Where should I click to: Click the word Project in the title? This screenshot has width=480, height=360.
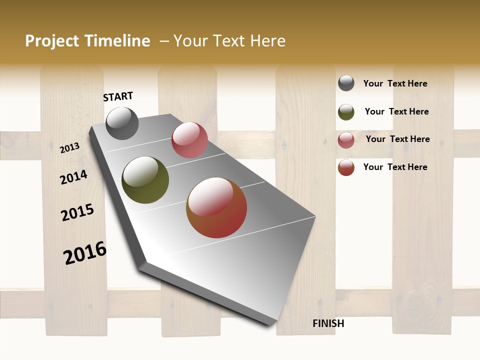(52, 41)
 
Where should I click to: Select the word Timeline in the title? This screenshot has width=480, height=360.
(116, 41)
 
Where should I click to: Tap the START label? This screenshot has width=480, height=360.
(118, 96)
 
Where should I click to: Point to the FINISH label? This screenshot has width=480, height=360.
(328, 323)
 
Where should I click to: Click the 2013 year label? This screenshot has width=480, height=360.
(70, 147)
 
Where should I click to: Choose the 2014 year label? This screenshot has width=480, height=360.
(74, 177)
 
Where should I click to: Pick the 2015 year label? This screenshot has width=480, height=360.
(77, 212)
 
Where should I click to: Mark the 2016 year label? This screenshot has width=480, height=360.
(85, 252)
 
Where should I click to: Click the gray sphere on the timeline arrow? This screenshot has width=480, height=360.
(122, 123)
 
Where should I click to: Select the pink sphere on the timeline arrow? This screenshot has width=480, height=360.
(189, 140)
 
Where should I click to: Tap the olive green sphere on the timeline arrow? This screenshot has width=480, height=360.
(145, 180)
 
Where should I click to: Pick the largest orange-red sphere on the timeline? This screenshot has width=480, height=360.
(216, 207)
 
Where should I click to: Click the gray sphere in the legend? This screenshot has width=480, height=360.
(346, 83)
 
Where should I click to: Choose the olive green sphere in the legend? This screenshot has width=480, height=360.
(346, 112)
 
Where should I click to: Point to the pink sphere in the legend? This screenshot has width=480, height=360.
(346, 140)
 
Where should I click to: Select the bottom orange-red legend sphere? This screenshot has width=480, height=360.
(346, 167)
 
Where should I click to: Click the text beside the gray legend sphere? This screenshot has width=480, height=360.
(395, 83)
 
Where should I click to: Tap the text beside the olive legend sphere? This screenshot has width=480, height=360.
(396, 111)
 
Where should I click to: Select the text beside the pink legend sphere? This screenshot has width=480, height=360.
(397, 139)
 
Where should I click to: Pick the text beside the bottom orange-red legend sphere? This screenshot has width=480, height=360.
(395, 167)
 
